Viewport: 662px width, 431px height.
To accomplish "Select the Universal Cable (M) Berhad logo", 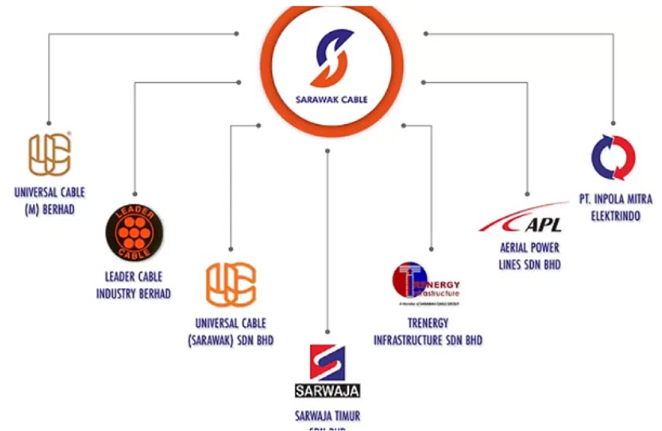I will (x=50, y=155).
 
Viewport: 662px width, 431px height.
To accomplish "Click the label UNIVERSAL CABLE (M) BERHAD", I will (x=50, y=201).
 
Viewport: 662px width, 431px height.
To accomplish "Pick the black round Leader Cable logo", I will (x=134, y=232).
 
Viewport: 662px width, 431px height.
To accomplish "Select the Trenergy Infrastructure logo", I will (x=426, y=282).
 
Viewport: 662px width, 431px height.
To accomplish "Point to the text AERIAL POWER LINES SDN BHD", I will (x=530, y=257).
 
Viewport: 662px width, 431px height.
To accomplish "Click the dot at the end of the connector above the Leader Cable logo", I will (x=134, y=193).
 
